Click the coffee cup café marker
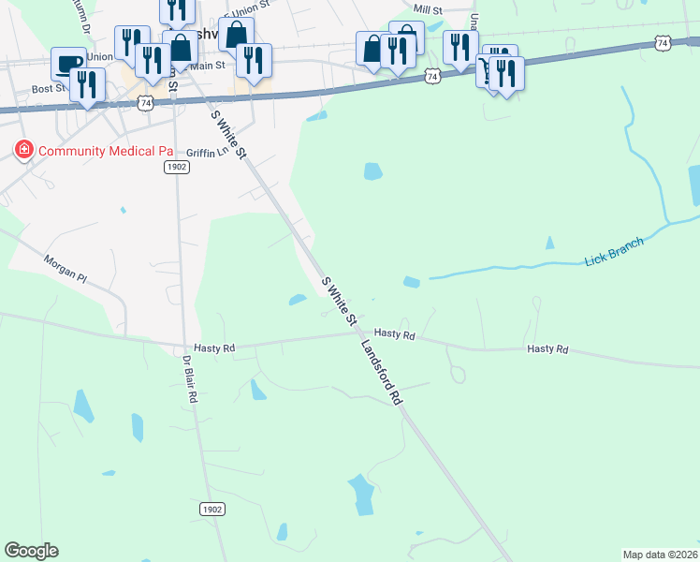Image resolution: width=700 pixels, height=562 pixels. click(x=67, y=64)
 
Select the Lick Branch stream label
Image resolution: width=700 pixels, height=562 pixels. click(x=615, y=251)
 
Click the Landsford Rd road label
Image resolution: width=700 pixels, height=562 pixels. click(x=382, y=372)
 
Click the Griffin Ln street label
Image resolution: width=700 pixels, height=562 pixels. click(x=207, y=152)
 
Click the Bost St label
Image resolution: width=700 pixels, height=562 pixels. click(x=47, y=89)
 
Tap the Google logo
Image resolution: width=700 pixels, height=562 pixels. click(x=31, y=551)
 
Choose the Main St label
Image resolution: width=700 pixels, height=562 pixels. click(x=208, y=66)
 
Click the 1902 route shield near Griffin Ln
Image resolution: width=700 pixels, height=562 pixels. click(x=176, y=167)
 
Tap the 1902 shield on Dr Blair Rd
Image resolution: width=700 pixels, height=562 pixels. click(x=212, y=508)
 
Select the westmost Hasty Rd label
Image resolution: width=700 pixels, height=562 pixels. click(x=214, y=348)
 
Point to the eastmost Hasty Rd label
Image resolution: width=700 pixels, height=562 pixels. click(x=547, y=348)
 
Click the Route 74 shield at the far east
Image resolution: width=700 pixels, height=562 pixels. click(x=663, y=43)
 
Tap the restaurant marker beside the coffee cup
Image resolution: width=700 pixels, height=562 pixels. click(x=87, y=84)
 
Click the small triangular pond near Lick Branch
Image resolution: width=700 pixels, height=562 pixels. click(x=549, y=243)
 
